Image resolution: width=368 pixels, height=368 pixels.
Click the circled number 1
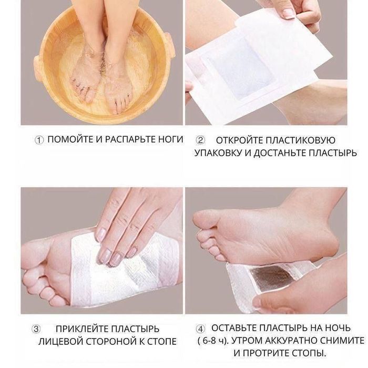pyautogui.click(x=39, y=140)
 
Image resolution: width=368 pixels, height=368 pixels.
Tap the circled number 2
pyautogui.click(x=200, y=140)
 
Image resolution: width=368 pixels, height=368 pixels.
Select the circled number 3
pyautogui.click(x=36, y=329)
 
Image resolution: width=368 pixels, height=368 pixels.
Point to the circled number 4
pyautogui.click(x=200, y=329)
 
